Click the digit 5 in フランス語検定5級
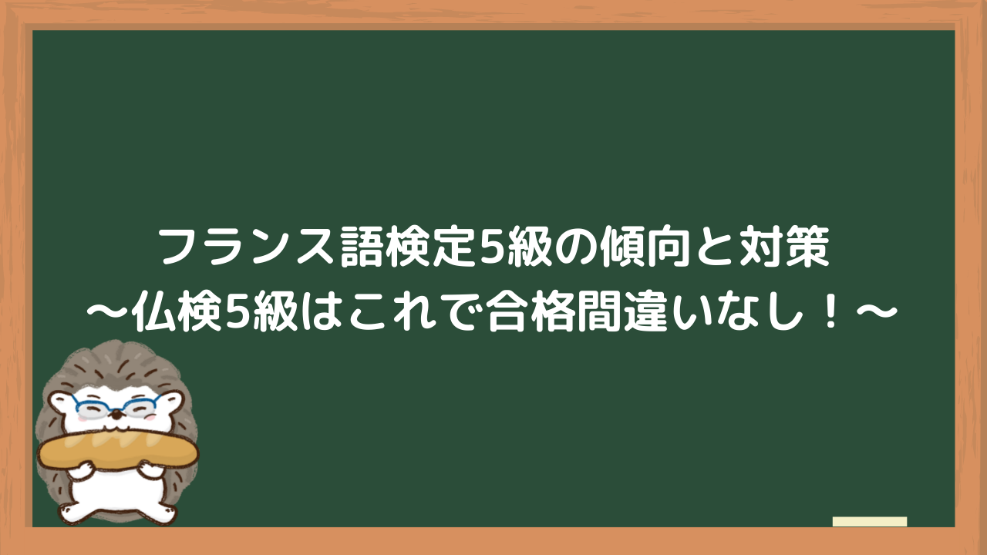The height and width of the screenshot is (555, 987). [492, 247]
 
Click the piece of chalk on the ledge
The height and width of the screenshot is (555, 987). [870, 522]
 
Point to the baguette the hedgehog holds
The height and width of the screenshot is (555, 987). [118, 450]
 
